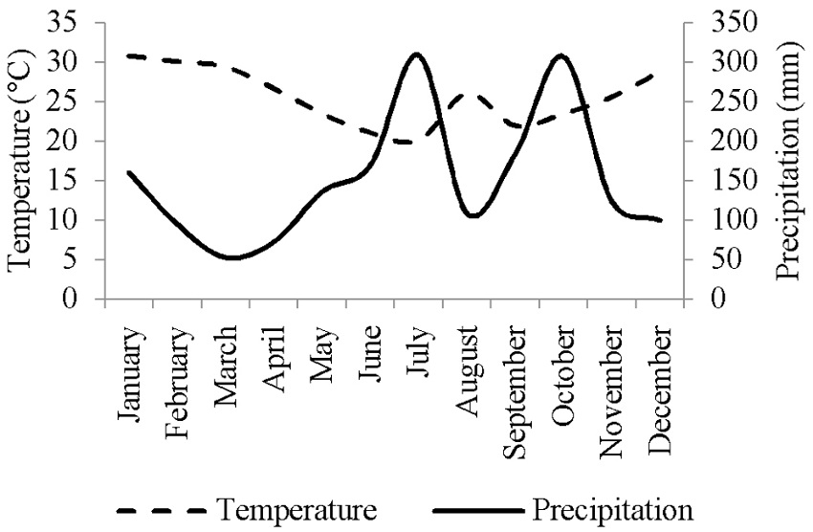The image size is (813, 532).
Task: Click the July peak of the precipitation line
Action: tap(414, 55)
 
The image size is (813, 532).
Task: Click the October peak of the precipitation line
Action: tap(560, 55)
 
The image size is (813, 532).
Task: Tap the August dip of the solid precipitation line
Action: tap(472, 216)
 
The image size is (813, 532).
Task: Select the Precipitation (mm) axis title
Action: tap(787, 160)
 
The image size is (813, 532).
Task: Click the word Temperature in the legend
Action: tap(296, 510)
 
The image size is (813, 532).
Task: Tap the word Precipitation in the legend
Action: tap(612, 510)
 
